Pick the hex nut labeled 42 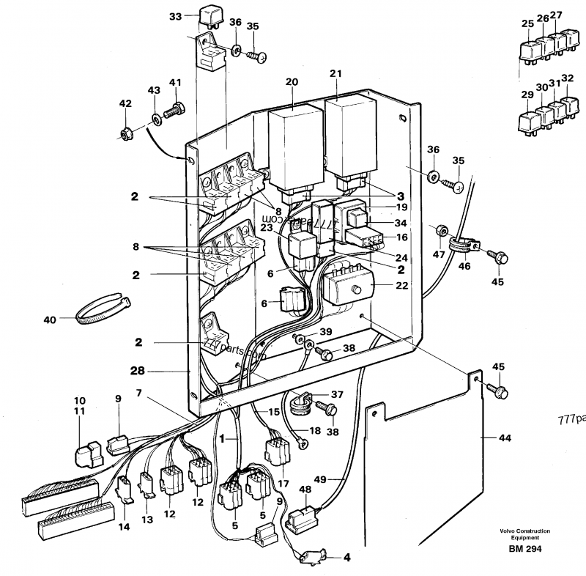pyautogui.click(x=125, y=134)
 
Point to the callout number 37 pyautogui.click(x=338, y=394)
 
